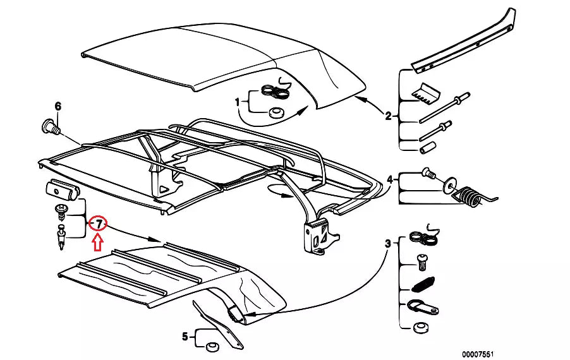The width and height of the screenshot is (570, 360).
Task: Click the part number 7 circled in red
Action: pyautogui.click(x=99, y=224)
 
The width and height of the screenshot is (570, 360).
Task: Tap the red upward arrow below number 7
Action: pyautogui.click(x=98, y=242)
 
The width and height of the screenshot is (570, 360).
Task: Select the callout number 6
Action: pyautogui.click(x=58, y=106)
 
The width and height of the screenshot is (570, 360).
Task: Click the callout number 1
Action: pyautogui.click(x=238, y=101)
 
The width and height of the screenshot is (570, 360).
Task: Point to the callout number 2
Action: pyautogui.click(x=388, y=116)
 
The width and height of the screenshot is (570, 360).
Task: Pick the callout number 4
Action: pyautogui.click(x=390, y=180)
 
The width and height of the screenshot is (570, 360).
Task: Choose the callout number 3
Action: pyautogui.click(x=387, y=243)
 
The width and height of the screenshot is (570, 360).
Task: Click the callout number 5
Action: pyautogui.click(x=185, y=337)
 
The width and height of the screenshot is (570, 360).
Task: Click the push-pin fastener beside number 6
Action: pyautogui.click(x=51, y=125)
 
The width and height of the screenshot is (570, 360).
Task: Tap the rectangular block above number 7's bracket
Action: pyautogui.click(x=61, y=188)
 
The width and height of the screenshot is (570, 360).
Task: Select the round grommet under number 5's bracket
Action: pyautogui.click(x=212, y=345)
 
